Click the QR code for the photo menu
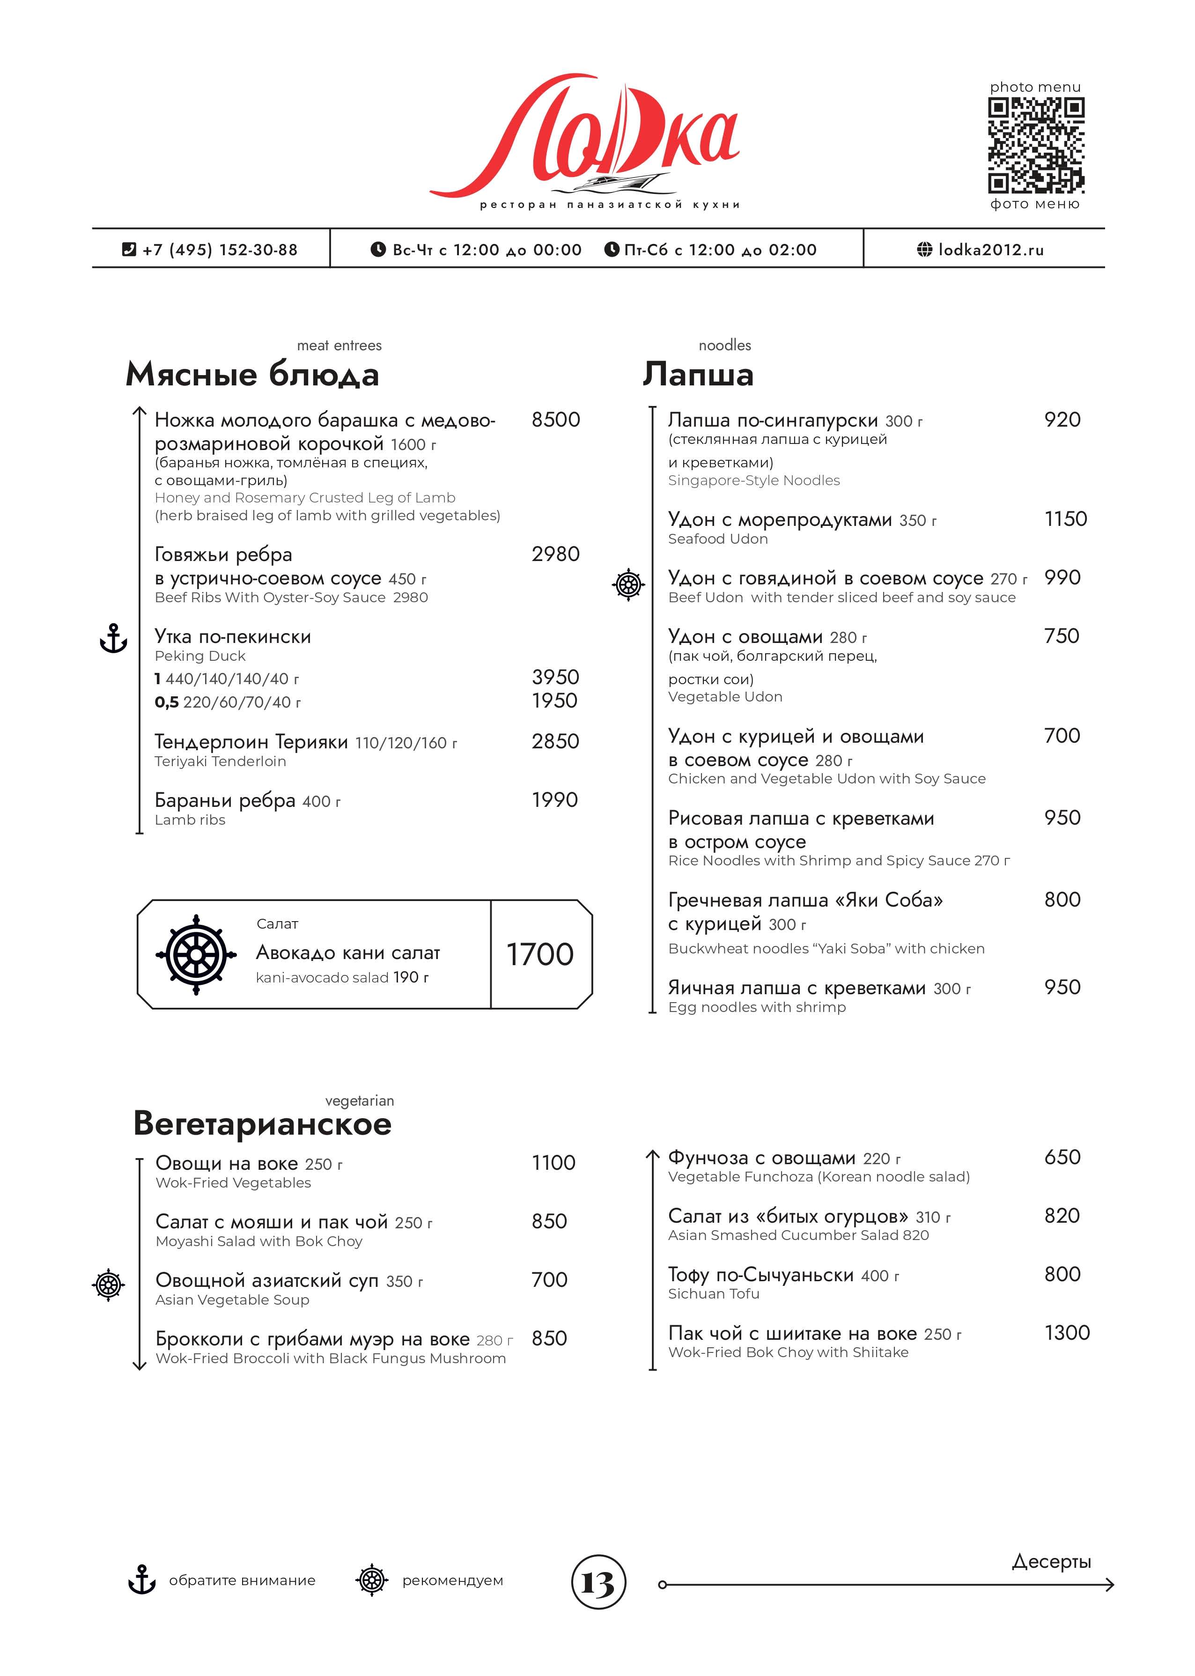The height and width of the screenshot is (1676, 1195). click(1035, 145)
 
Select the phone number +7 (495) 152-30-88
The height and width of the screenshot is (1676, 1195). click(219, 250)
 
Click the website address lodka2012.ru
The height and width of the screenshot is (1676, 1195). click(990, 250)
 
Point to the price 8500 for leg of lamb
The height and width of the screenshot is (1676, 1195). click(555, 420)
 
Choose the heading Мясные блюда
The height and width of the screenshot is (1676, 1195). click(252, 374)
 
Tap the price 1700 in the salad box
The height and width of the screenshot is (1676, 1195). click(539, 954)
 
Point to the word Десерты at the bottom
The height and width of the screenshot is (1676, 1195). click(1051, 1561)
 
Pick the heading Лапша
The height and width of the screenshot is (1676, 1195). click(698, 374)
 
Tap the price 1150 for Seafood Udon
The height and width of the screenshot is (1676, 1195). click(1065, 519)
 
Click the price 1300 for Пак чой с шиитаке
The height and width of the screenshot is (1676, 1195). click(1066, 1332)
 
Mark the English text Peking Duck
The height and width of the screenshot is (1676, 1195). click(200, 656)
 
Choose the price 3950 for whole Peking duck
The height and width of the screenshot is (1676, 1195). click(555, 677)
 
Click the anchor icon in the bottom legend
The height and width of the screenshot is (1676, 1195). click(141, 1581)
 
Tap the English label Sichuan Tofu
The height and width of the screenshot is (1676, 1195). click(713, 1293)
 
